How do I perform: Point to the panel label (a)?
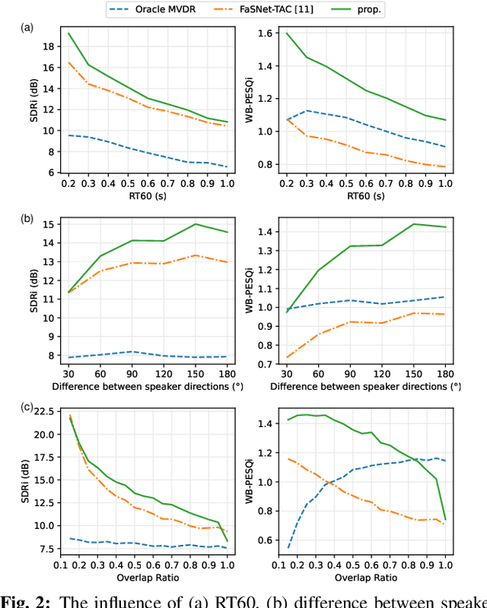[x=27, y=27]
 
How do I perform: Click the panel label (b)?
[x=27, y=219]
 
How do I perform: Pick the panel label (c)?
[x=27, y=407]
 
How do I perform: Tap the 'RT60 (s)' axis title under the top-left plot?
[x=141, y=196]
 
